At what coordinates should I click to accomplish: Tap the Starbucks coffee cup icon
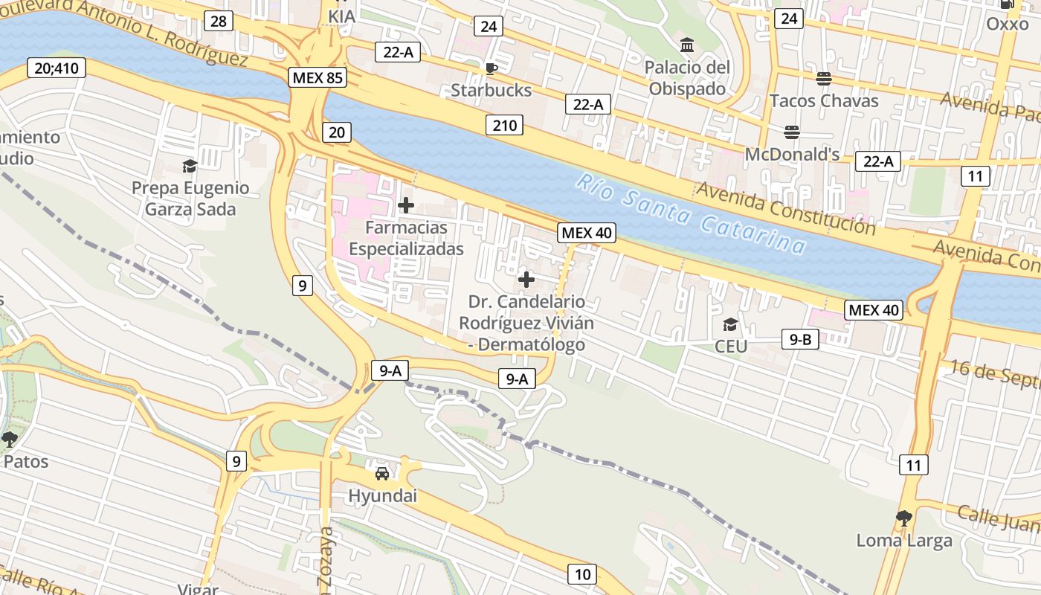click(x=491, y=69)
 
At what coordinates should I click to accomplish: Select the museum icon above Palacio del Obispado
click(x=687, y=45)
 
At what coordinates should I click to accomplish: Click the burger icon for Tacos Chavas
click(x=824, y=78)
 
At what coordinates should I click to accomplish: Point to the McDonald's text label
click(x=792, y=154)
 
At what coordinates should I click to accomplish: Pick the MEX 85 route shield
click(x=318, y=77)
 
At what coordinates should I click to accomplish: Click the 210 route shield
click(x=504, y=125)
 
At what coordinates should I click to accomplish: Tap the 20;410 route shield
click(x=56, y=68)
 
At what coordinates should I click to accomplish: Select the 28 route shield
click(x=218, y=21)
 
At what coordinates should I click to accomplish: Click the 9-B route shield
click(x=800, y=340)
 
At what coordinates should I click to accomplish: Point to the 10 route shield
click(x=582, y=573)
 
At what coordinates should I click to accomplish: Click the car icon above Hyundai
click(x=382, y=473)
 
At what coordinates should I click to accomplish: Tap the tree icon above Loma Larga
click(x=904, y=518)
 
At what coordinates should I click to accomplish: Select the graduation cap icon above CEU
click(x=730, y=324)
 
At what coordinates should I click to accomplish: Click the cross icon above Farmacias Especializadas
click(x=406, y=205)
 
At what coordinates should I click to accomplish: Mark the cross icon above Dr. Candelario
click(x=526, y=280)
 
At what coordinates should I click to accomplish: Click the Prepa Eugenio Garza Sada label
click(x=190, y=199)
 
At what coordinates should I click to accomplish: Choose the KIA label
click(x=341, y=16)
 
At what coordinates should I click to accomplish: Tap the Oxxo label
click(x=1008, y=24)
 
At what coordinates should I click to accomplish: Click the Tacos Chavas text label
click(x=824, y=100)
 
